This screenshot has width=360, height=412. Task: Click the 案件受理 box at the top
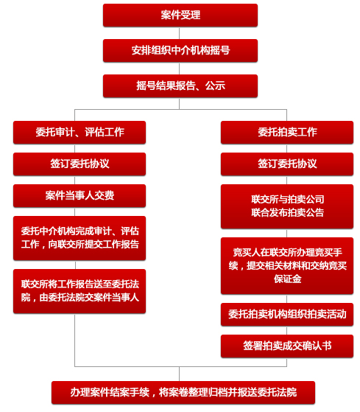pyautogui.click(x=180, y=15)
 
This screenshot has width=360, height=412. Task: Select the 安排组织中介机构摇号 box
pyautogui.click(x=180, y=50)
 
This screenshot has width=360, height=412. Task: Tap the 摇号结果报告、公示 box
pyautogui.click(x=180, y=86)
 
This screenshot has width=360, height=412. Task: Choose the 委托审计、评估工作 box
pyautogui.click(x=80, y=132)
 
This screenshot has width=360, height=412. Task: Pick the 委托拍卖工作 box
pyautogui.click(x=287, y=132)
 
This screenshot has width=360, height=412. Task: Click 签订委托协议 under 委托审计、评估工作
pyautogui.click(x=80, y=164)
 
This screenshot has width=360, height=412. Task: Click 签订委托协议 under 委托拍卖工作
pyautogui.click(x=287, y=164)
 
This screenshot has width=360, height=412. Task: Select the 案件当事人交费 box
pyautogui.click(x=80, y=196)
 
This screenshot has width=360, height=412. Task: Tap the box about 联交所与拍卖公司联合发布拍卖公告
pyautogui.click(x=287, y=206)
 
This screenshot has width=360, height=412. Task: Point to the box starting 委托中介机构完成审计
pyautogui.click(x=80, y=238)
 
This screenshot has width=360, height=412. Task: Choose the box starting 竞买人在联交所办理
pyautogui.click(x=287, y=265)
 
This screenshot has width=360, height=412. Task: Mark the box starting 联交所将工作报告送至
pyautogui.click(x=80, y=291)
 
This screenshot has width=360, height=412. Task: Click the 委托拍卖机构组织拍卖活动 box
pyautogui.click(x=287, y=315)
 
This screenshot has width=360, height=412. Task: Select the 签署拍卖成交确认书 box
pyautogui.click(x=287, y=346)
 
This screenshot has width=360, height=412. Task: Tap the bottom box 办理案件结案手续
pyautogui.click(x=183, y=393)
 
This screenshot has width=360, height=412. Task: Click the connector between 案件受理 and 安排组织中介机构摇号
pyautogui.click(x=180, y=33)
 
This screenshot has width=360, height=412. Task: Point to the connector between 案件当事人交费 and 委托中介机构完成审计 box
pyautogui.click(x=75, y=212)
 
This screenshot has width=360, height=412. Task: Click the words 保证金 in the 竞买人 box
pyautogui.click(x=288, y=279)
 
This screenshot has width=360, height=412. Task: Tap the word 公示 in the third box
pyautogui.click(x=215, y=86)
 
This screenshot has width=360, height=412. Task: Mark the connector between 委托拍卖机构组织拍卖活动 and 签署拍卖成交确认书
pyautogui.click(x=287, y=330)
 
